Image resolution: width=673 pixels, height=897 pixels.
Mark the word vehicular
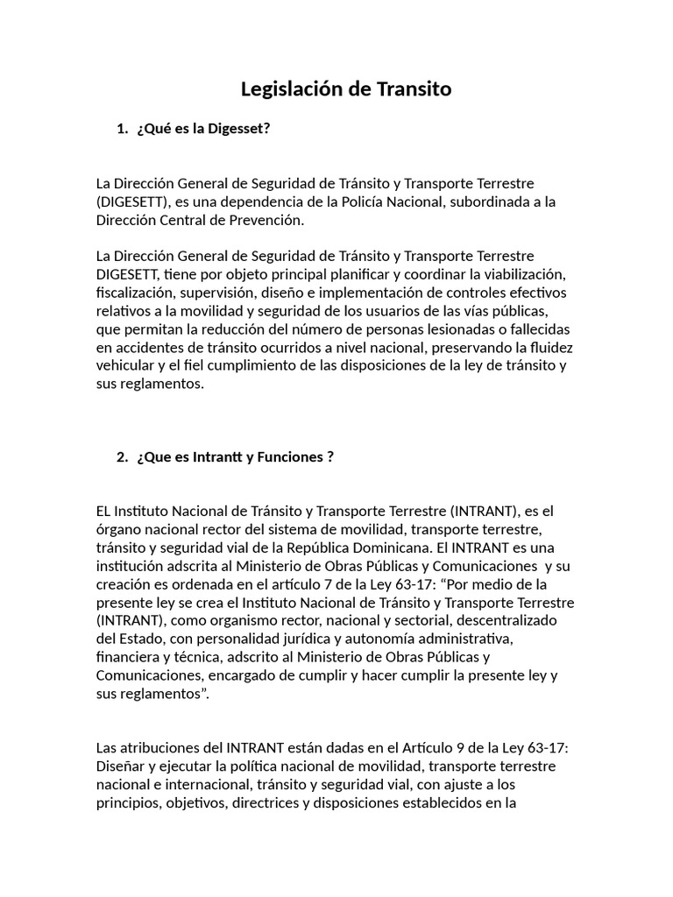126,366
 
